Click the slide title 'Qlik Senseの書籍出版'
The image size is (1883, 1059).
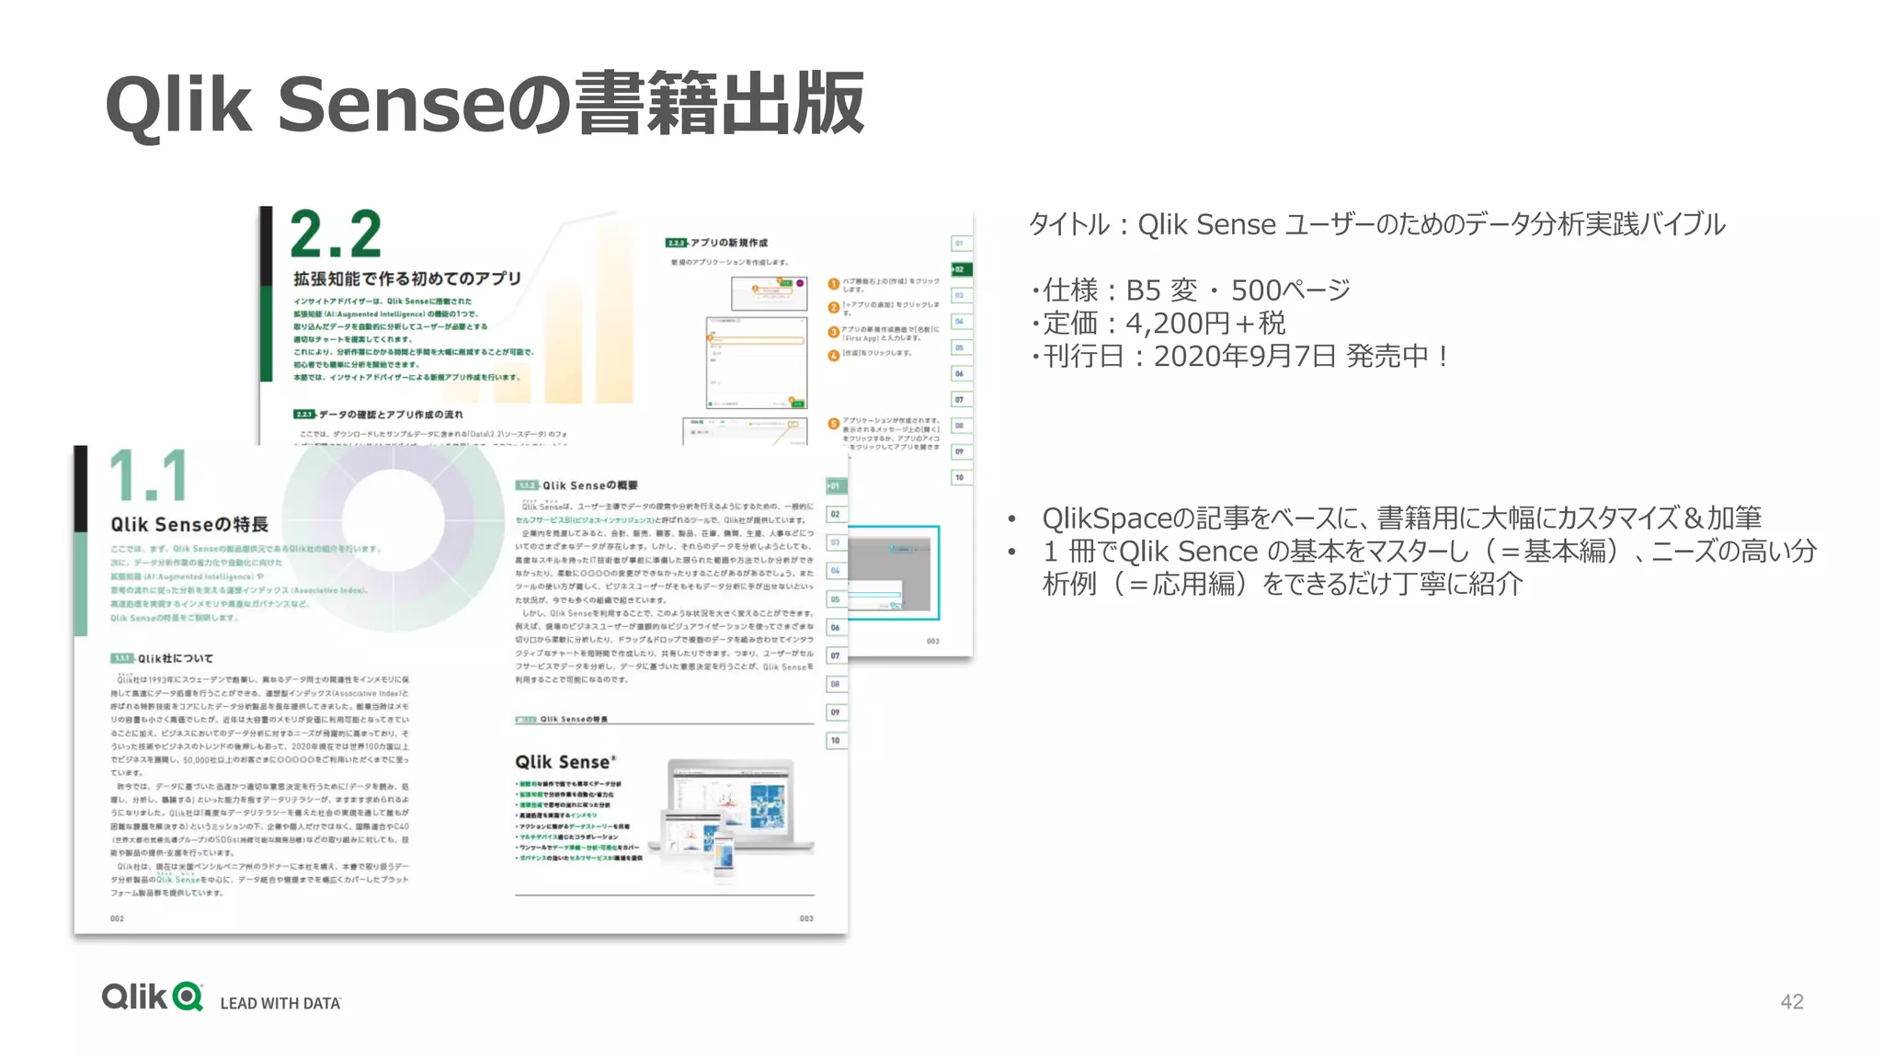pos(485,105)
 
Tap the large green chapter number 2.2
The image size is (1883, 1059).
pos(336,234)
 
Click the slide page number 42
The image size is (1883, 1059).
pos(1791,1001)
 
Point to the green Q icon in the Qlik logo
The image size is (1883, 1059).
pos(188,997)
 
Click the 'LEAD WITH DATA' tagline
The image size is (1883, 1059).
pos(280,1003)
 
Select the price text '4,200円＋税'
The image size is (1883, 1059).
pos(1205,323)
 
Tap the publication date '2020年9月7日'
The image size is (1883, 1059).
pos(1245,356)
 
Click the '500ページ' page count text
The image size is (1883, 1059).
pos(1291,290)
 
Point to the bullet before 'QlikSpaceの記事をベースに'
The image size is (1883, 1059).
pos(1011,519)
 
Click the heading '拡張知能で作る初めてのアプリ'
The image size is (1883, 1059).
pos(407,279)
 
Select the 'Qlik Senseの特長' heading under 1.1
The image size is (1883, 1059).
pos(189,524)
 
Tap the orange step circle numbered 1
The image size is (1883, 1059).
pos(834,284)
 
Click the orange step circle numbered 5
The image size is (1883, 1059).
pos(834,424)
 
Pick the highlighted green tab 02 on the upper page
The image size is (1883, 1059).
pos(961,269)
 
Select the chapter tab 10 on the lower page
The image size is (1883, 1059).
pos(836,740)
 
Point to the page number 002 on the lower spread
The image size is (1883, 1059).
pos(117,918)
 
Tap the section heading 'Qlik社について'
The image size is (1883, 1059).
pos(175,658)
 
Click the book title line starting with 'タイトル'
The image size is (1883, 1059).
pos(1376,224)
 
